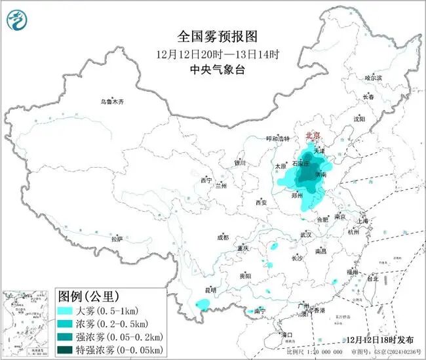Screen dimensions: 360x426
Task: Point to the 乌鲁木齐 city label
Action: tap(112, 102)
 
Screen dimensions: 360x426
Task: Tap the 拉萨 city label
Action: tap(117, 239)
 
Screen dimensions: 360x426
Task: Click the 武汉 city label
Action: tap(305, 234)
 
